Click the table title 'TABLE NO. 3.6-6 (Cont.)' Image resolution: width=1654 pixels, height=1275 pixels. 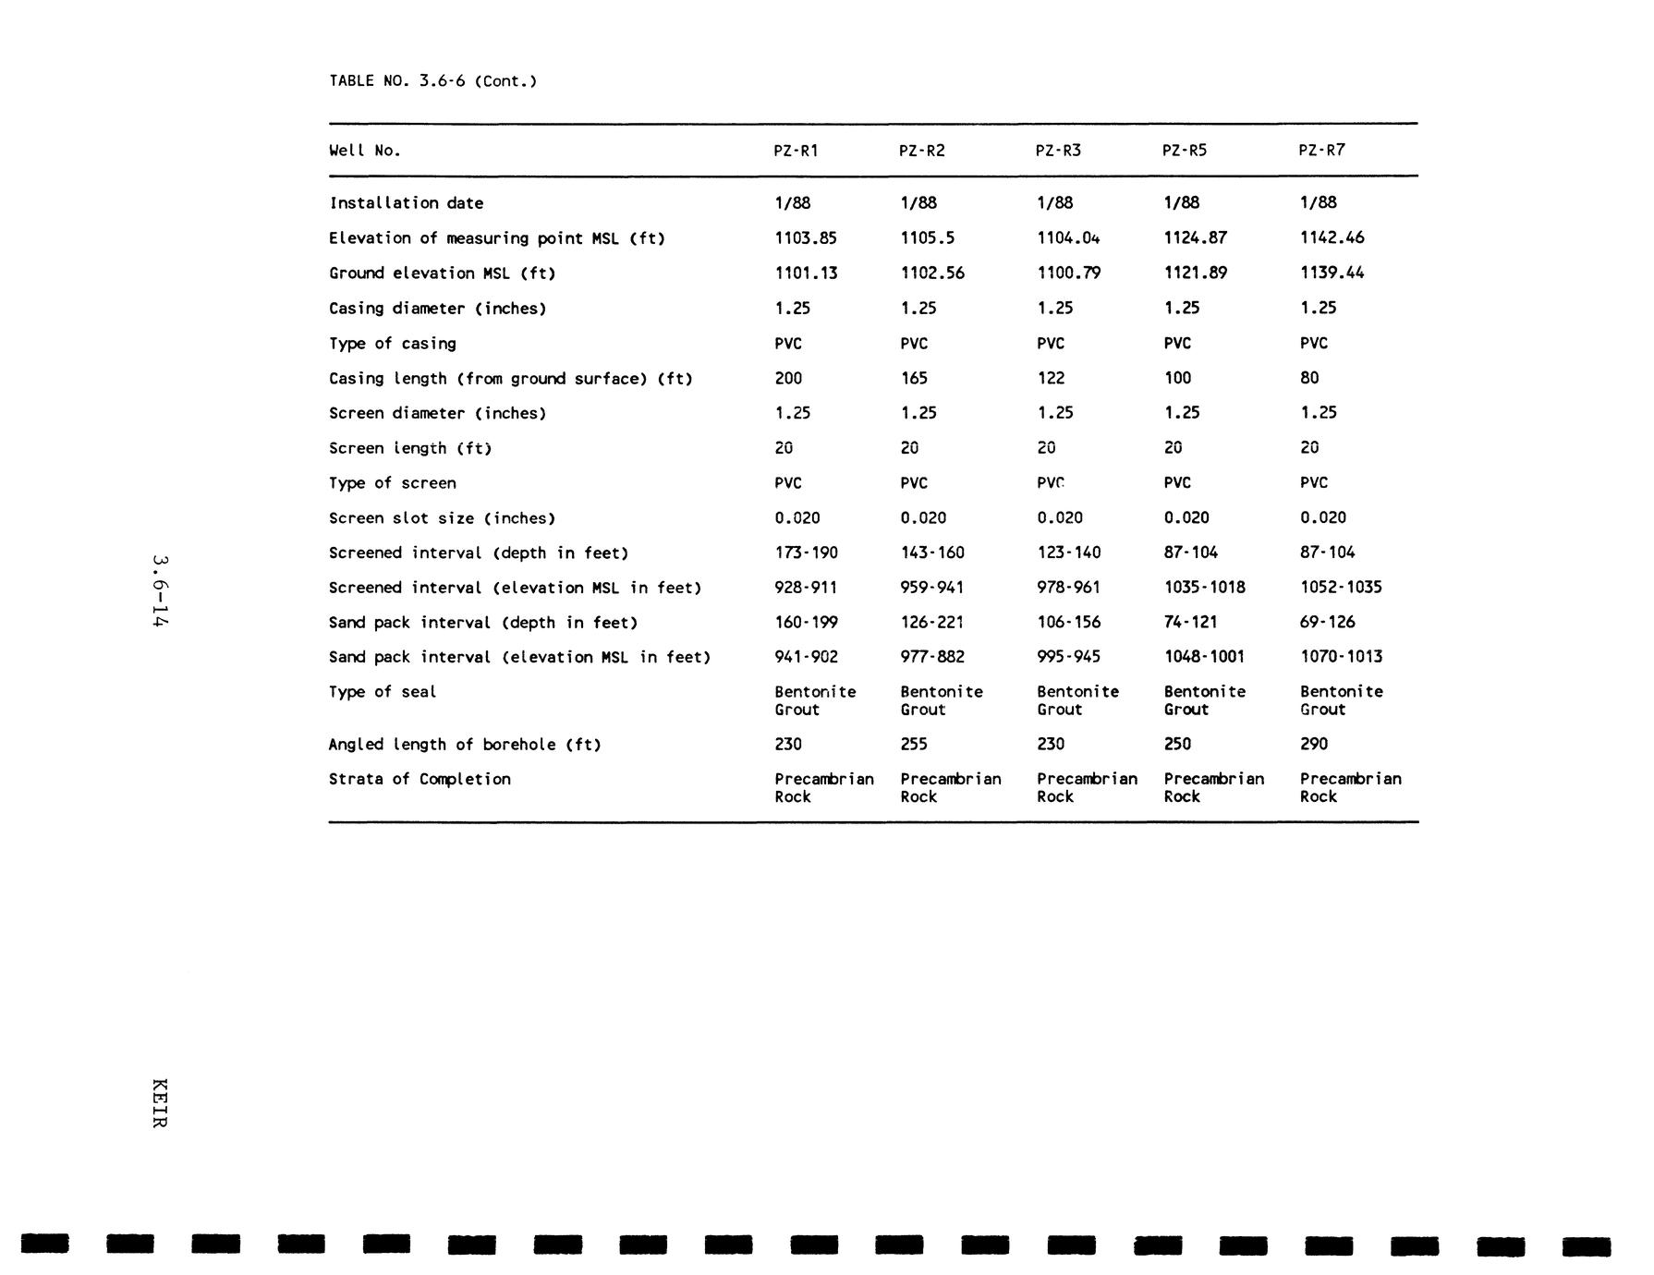point(432,81)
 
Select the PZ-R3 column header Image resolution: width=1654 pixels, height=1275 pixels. point(1057,151)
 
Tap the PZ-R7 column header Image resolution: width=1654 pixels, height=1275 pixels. point(1321,151)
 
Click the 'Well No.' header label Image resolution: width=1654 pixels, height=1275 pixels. point(365,151)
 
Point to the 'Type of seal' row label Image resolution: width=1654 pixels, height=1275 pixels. point(383,692)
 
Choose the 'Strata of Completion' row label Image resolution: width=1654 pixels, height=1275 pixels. point(420,779)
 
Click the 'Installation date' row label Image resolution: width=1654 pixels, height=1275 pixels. point(406,203)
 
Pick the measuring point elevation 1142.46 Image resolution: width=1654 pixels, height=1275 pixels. point(1332,237)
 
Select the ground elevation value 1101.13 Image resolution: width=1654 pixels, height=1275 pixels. point(806,273)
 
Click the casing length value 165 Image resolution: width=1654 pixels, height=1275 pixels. point(914,378)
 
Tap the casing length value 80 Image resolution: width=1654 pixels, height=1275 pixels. point(1309,378)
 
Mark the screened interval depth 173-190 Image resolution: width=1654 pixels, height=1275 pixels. point(806,552)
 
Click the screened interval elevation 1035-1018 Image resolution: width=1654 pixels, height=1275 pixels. point(1204,588)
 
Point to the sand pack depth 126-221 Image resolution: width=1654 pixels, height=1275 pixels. point(932,622)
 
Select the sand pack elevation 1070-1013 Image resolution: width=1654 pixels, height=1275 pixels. point(1341,657)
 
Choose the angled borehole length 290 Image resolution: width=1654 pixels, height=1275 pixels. point(1313,744)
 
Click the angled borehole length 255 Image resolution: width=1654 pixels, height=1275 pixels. point(914,744)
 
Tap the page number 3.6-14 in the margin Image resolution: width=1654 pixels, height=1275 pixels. point(160,591)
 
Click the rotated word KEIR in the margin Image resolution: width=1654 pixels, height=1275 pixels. point(160,1103)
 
